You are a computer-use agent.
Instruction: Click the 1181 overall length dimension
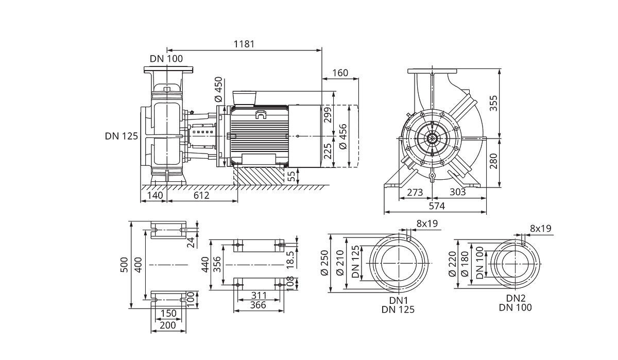tap(244, 44)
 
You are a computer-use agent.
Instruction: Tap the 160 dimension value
tap(340, 73)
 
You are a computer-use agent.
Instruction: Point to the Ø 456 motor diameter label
tap(343, 137)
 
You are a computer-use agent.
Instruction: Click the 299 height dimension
tap(328, 115)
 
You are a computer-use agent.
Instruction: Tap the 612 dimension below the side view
tap(201, 196)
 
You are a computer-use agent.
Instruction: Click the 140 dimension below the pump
tap(155, 196)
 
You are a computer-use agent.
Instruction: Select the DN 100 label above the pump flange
tap(166, 59)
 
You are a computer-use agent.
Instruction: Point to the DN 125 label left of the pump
tap(122, 136)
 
